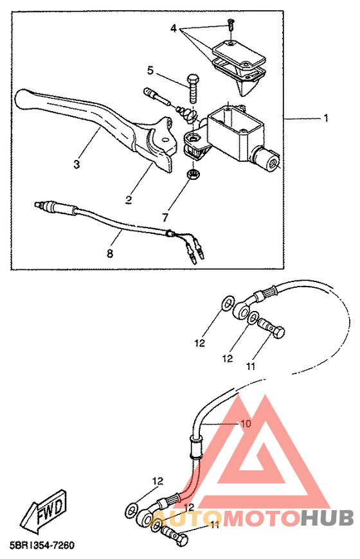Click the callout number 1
click(x=325, y=118)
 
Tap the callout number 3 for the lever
click(x=76, y=164)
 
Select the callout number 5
click(x=150, y=70)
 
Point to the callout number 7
click(x=165, y=217)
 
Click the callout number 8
click(x=110, y=253)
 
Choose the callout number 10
click(x=246, y=423)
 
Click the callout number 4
click(x=174, y=28)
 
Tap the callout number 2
click(x=129, y=200)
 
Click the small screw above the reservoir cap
click(x=231, y=24)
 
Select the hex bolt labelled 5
click(x=193, y=87)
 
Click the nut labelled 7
click(x=194, y=174)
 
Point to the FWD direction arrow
click(x=43, y=510)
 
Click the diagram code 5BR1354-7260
click(x=42, y=545)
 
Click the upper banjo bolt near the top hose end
click(x=272, y=328)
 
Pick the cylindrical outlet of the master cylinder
click(x=266, y=159)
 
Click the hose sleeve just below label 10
click(x=195, y=447)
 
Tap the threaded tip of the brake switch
click(x=37, y=204)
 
